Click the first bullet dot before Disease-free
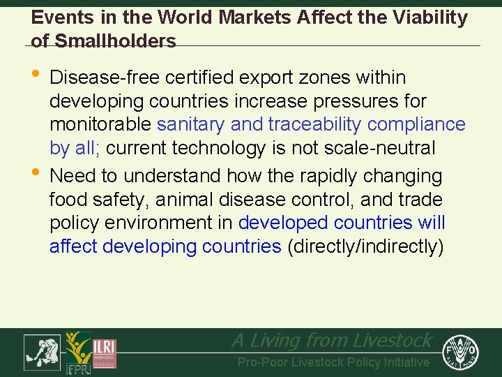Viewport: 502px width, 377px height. coord(36,77)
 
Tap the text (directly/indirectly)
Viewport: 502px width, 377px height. coord(365,247)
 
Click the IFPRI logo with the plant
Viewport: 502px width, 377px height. coord(77,353)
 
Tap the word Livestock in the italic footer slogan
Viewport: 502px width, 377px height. coord(393,341)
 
